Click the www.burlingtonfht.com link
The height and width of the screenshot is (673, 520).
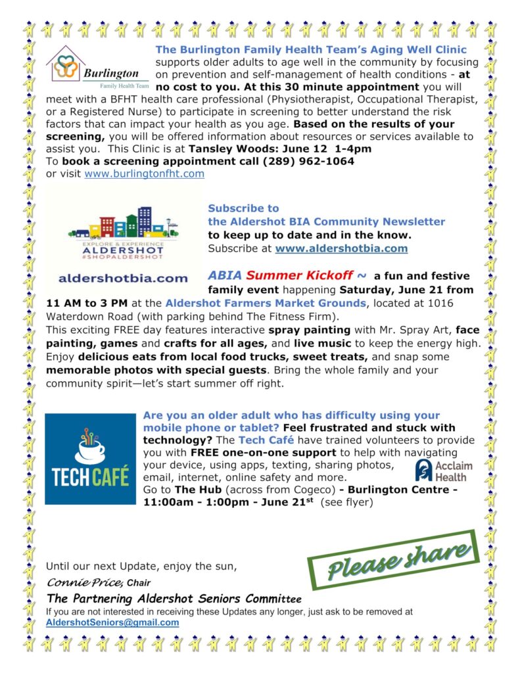click(x=144, y=174)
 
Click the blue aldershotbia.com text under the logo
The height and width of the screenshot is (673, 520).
click(x=123, y=278)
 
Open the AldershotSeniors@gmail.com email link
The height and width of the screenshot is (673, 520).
click(x=112, y=622)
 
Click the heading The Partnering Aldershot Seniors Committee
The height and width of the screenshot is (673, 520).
click(x=174, y=599)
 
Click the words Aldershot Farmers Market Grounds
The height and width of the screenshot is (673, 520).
click(x=265, y=303)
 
